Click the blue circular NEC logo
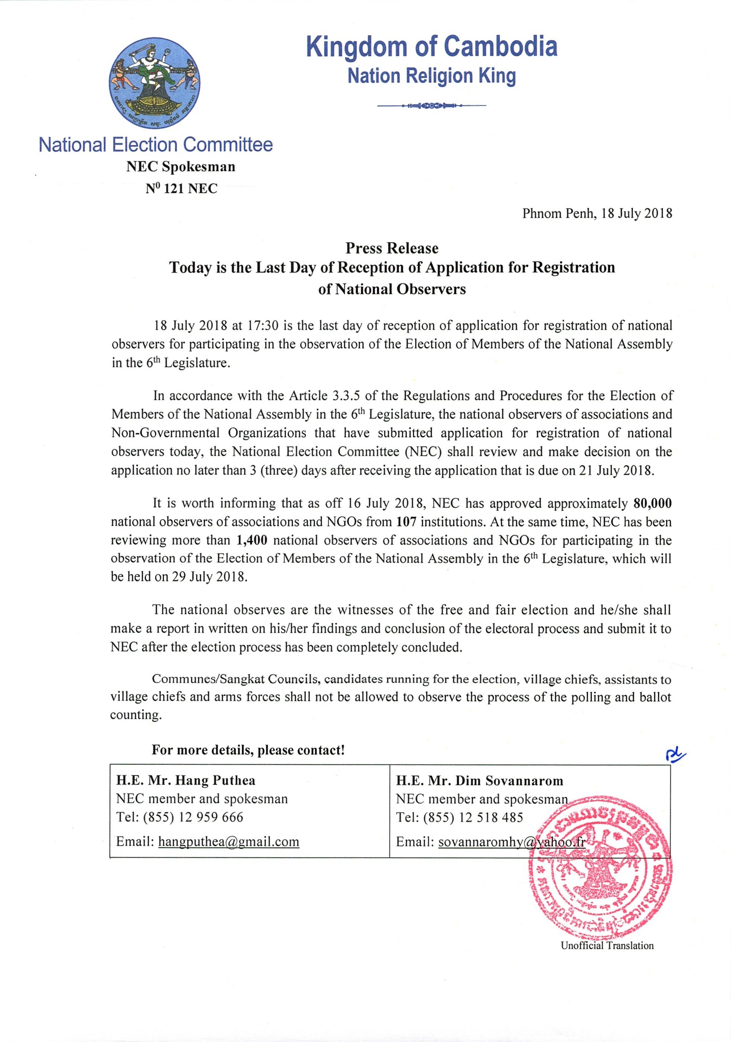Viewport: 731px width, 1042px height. [x=155, y=83]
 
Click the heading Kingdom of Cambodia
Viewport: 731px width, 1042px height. [x=432, y=47]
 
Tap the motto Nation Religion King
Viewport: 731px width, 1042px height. [x=432, y=76]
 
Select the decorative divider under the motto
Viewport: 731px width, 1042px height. [x=432, y=106]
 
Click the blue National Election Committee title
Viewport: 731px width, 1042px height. [x=156, y=145]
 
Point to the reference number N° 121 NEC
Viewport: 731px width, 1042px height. [x=181, y=188]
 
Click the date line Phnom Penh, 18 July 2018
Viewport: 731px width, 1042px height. [x=597, y=213]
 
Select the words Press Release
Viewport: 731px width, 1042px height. [x=392, y=248]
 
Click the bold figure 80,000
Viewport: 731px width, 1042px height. [x=652, y=503]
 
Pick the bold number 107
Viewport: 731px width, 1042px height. [x=406, y=522]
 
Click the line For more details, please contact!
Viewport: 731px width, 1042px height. [x=248, y=750]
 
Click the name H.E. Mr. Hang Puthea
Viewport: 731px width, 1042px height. [x=186, y=781]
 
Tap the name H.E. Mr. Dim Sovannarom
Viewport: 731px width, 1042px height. [x=480, y=781]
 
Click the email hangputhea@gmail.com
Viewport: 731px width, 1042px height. [x=228, y=842]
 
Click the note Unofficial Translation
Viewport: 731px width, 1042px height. [x=607, y=946]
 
